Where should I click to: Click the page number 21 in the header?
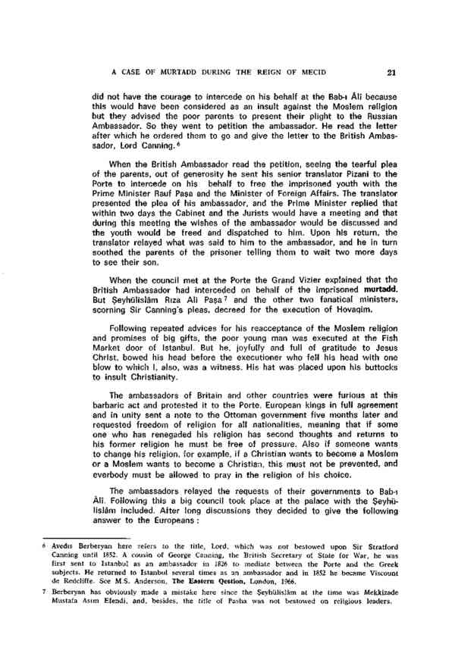pos(390,73)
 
